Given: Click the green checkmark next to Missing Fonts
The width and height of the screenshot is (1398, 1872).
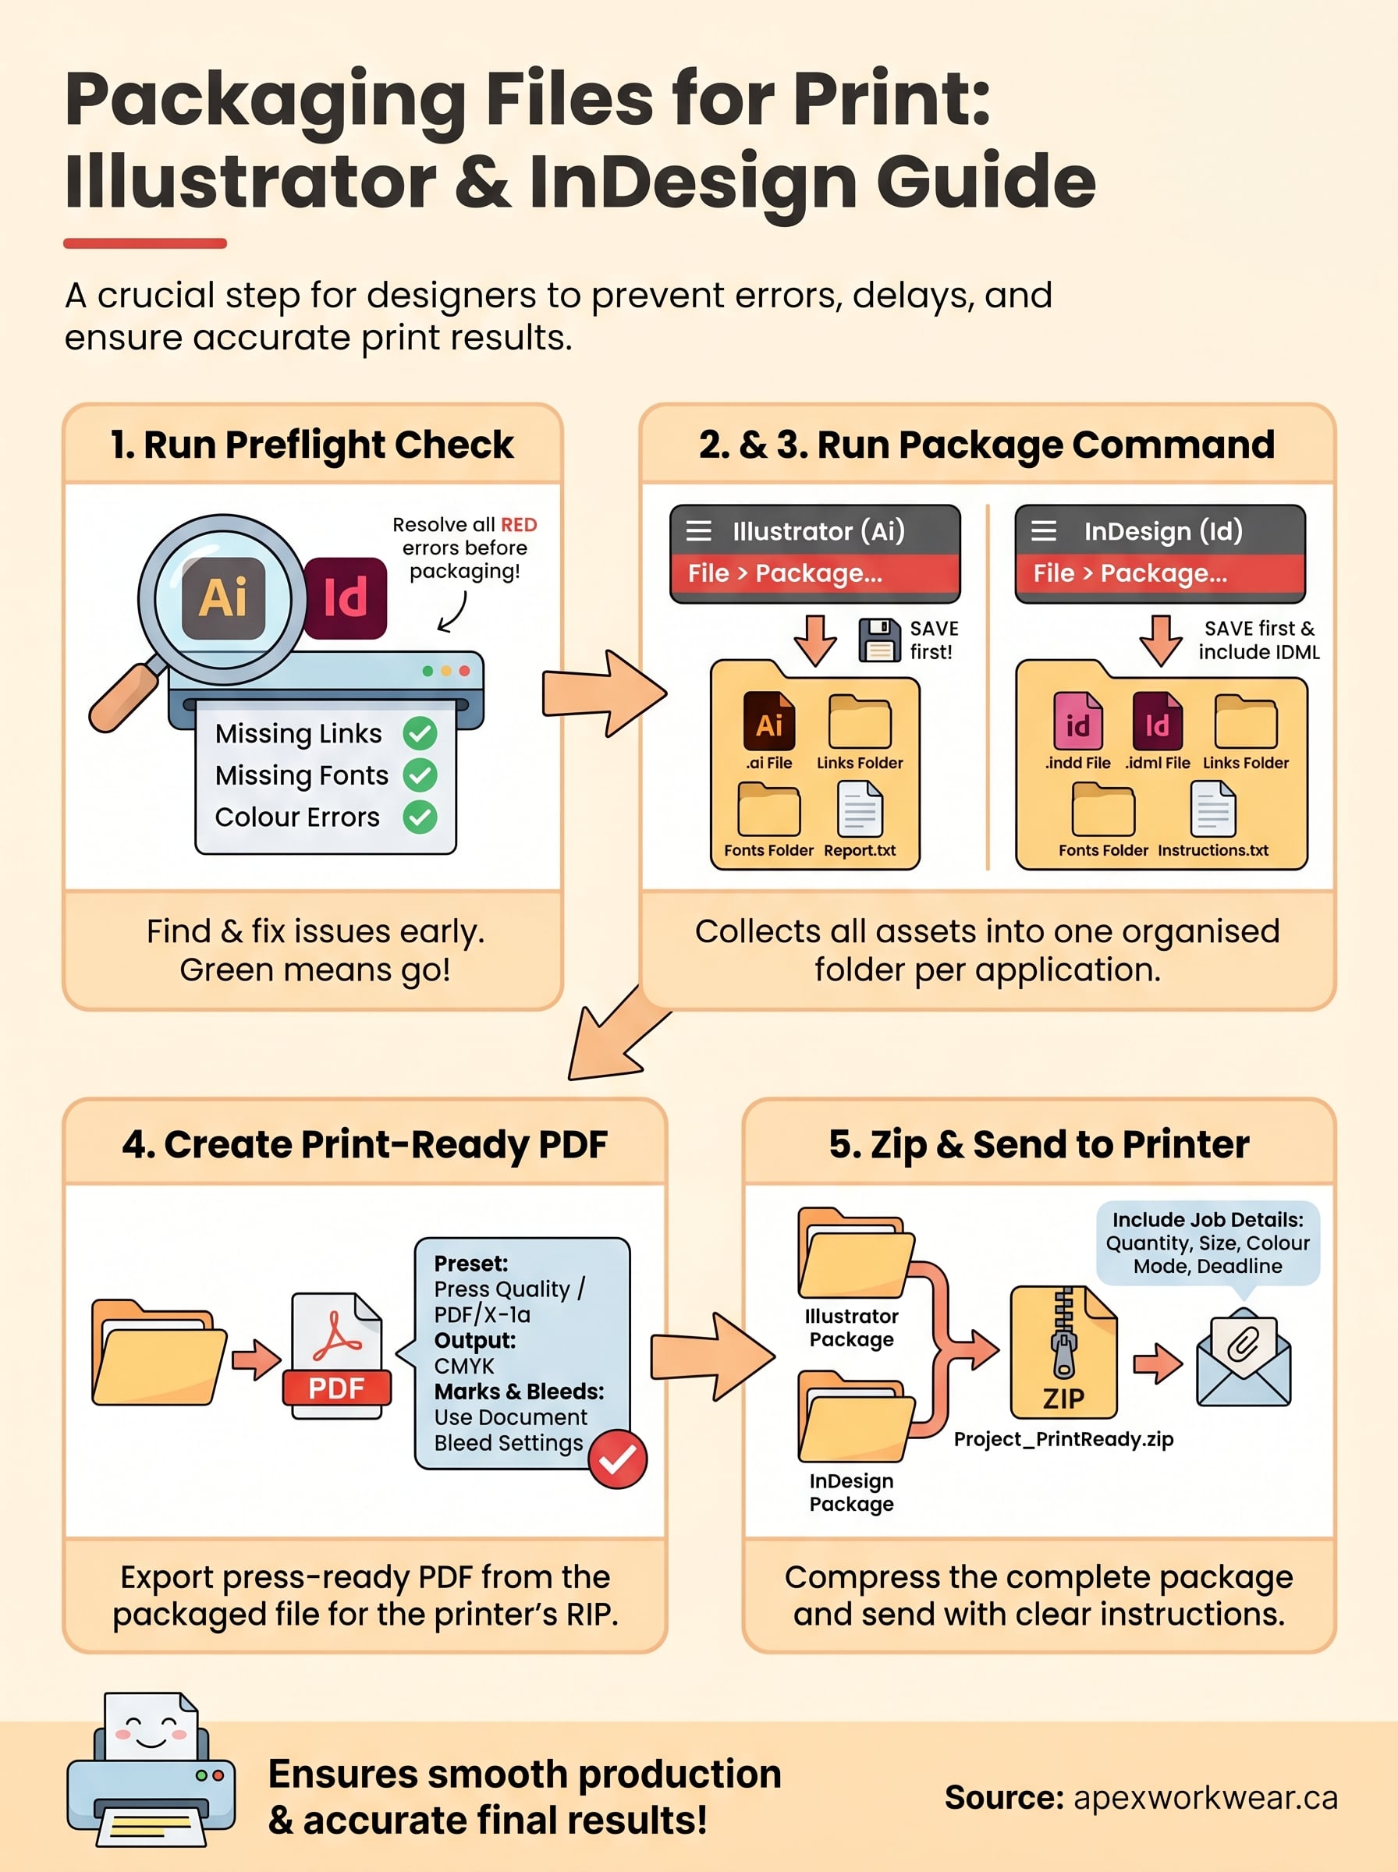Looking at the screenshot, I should pos(420,775).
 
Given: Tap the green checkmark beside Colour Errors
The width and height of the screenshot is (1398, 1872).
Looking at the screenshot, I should pos(420,817).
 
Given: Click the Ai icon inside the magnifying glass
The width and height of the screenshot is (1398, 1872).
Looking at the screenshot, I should pos(223,597).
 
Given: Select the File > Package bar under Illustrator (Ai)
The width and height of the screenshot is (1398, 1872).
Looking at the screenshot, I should pos(815,573).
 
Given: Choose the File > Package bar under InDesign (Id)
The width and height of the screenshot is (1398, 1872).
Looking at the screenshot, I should pos(1159,573).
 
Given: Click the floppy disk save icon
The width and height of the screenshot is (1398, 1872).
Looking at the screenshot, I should pos(879,640).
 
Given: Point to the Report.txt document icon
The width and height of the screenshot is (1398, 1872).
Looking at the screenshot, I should pos(860,809).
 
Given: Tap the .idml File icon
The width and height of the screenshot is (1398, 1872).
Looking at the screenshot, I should pos(1157,721).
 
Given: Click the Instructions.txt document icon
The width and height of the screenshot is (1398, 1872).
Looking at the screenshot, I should pos(1212,809).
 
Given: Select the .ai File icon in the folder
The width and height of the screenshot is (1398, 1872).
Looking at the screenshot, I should pos(768,721).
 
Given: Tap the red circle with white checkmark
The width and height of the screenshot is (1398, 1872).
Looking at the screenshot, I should pos(618,1459).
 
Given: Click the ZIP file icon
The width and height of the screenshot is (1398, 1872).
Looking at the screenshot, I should pos(1064,1352).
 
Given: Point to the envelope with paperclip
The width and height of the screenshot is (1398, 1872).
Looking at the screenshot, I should pos(1243,1359).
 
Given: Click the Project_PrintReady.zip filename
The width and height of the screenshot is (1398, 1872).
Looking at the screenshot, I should pos(1064,1439).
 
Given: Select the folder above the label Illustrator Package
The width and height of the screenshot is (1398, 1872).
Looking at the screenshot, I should pos(855,1253).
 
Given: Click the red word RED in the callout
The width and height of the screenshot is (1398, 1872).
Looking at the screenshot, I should pos(519,524).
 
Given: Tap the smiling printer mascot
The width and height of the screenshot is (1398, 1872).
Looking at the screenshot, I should pos(151,1771).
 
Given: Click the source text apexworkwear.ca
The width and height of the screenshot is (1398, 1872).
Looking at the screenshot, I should pos(1205,1798).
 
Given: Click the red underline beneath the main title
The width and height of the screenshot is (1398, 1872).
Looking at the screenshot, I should pos(144,243).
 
